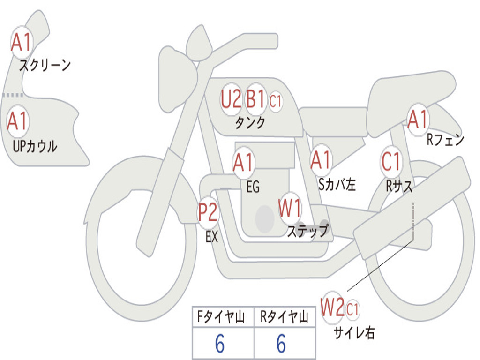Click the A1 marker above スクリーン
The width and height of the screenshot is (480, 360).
[21, 43]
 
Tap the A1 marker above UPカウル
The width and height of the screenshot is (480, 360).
[17, 121]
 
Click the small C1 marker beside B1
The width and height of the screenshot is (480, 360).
[275, 100]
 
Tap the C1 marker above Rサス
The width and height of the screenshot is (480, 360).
[391, 162]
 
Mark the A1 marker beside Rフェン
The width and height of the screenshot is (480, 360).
[418, 119]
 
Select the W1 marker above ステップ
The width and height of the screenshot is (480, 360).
[290, 208]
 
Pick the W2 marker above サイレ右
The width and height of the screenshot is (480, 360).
[332, 308]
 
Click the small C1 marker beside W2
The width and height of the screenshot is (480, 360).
[352, 309]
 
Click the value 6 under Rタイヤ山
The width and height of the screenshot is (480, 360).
[281, 344]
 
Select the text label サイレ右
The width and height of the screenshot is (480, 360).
[354, 332]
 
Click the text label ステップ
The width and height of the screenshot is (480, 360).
[307, 231]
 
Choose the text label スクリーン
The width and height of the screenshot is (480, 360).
[45, 65]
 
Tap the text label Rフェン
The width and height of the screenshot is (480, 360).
[445, 140]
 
